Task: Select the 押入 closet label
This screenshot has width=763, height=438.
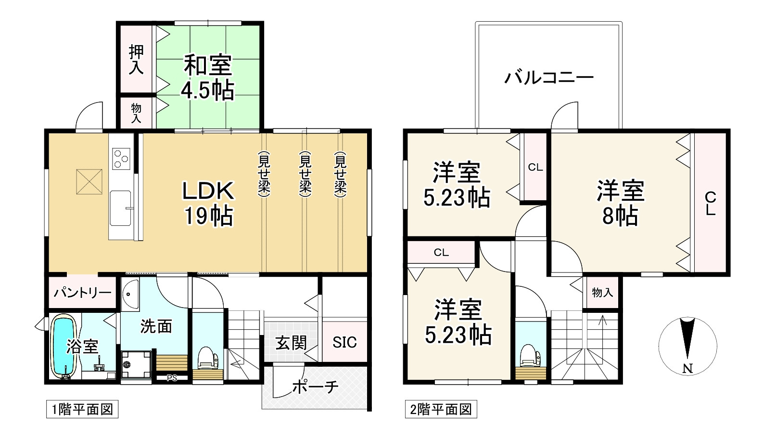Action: click(x=136, y=60)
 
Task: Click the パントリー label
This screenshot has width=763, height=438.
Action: click(x=82, y=292)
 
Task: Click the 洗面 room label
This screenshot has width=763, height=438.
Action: click(x=156, y=326)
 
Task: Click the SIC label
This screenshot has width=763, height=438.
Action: click(x=344, y=342)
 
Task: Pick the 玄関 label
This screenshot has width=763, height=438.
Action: click(x=291, y=343)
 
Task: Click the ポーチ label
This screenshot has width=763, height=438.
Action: click(x=315, y=386)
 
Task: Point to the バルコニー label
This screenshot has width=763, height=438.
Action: click(x=548, y=77)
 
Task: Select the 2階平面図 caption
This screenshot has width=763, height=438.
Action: click(x=440, y=410)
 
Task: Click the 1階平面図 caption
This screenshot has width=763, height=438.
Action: click(x=82, y=410)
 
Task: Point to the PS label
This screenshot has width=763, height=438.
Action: click(x=172, y=378)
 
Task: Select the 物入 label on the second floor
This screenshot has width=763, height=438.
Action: click(x=602, y=292)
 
